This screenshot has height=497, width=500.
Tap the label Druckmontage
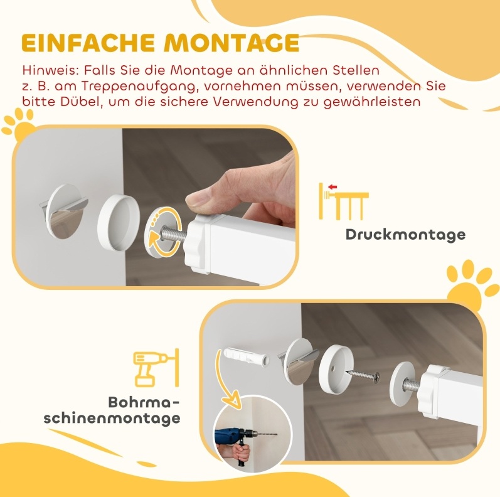(405, 235)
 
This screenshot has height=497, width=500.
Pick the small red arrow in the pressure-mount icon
(333, 187)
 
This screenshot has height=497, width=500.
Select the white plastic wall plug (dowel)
(246, 357)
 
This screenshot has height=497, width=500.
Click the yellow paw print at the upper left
(19, 125)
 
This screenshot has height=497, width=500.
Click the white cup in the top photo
(119, 222)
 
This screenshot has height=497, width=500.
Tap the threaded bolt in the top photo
(173, 233)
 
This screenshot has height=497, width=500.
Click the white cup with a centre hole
(336, 366)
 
